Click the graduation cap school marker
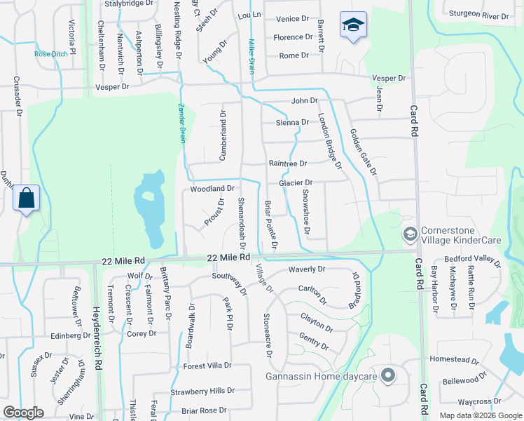pos(353,26)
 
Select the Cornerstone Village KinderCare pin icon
pos(410,234)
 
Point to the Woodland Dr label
pos(212,189)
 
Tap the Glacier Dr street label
pos(295,183)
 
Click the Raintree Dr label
pos(288,163)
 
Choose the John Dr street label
pos(305,101)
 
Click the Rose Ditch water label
pos(50,54)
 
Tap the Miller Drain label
pos(249,56)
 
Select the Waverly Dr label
pos(307,269)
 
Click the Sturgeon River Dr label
pos(478,15)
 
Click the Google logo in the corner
pos(24,413)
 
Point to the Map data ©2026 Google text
pos(481,415)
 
